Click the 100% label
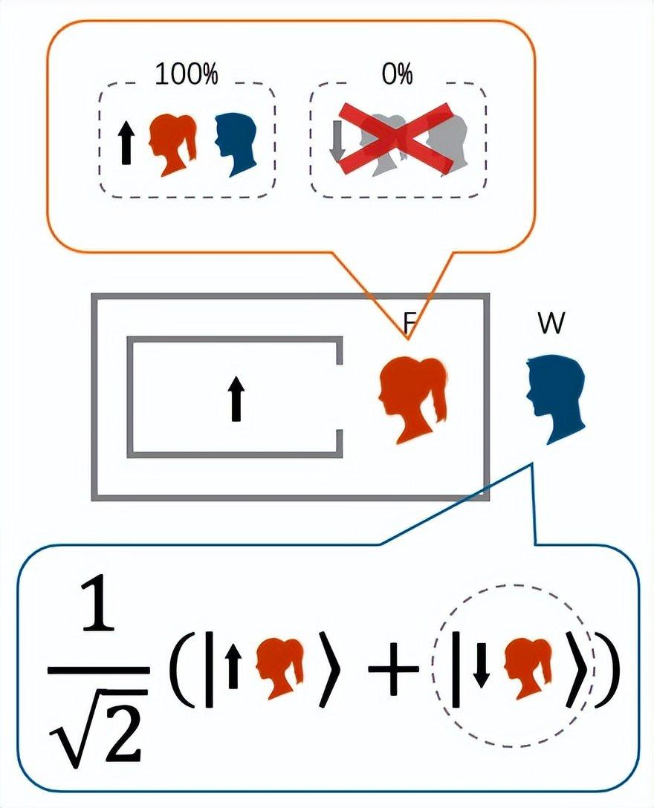[186, 74]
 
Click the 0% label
[398, 74]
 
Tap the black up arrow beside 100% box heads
[126, 143]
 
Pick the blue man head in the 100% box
[235, 144]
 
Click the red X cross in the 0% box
[398, 139]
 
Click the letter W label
[550, 325]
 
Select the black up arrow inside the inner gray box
[236, 398]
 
